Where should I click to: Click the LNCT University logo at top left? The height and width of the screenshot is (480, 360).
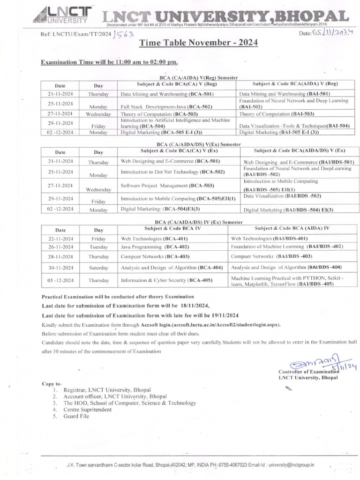63,15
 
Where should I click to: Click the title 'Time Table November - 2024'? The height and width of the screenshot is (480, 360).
198,43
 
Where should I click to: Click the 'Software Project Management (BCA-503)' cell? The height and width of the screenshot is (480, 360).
167,186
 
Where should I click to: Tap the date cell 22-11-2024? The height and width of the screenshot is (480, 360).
60,239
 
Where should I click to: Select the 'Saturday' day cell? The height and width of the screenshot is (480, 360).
98,268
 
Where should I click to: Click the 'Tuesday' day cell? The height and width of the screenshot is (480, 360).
98,247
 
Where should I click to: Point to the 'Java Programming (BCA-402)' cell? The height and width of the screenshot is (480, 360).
155,247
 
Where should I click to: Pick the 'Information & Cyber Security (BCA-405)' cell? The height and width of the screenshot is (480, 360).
166,280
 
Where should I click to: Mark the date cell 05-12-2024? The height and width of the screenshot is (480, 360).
60,280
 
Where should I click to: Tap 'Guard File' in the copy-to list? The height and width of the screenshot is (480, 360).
76,416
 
